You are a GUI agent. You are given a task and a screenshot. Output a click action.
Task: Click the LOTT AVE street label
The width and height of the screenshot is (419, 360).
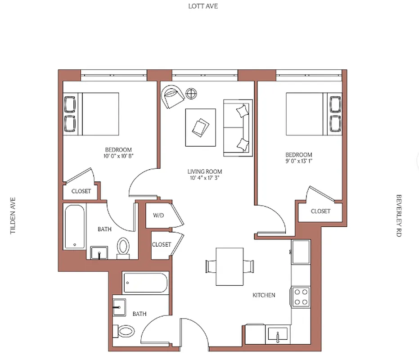203,6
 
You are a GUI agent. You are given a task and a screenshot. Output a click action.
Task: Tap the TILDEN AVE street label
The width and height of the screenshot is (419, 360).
13,215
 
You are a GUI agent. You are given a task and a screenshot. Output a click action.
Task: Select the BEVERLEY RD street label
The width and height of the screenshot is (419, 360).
398,216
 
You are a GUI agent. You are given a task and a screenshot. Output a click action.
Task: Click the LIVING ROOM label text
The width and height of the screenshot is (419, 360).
205,171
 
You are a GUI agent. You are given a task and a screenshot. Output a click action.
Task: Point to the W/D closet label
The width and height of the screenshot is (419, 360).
158,216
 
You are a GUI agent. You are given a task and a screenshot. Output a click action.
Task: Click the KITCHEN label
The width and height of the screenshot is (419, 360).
264,295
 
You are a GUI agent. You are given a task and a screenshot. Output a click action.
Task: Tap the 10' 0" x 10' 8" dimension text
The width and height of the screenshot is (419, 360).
118,156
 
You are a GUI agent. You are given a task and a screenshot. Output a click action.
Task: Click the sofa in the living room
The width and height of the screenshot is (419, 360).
237,128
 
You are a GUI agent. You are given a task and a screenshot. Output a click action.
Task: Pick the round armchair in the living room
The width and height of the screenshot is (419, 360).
172,96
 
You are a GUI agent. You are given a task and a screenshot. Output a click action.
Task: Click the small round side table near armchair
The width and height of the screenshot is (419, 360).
192,94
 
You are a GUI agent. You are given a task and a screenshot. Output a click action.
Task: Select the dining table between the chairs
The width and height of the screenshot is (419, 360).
230,266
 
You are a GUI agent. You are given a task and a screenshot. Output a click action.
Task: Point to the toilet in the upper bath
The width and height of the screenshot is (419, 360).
123,247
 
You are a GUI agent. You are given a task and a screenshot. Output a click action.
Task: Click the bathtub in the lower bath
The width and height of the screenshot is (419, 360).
145,283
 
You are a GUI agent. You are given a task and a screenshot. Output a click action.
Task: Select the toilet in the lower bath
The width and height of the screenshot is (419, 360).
124,332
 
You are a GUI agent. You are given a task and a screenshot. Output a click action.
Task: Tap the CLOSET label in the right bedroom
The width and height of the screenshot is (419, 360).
320,211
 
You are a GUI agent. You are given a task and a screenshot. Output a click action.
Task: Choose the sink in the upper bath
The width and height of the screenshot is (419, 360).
99,252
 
